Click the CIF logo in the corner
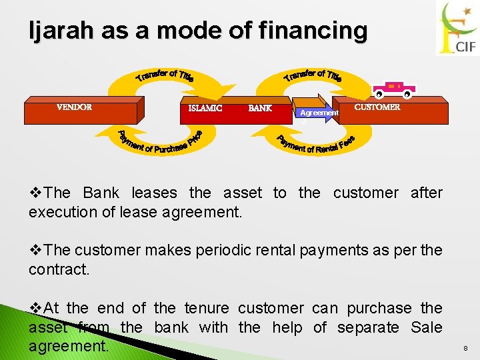(x=457, y=28)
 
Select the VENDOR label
(x=74, y=107)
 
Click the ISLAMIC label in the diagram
(x=205, y=108)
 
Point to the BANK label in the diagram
(x=260, y=108)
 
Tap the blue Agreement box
(x=319, y=113)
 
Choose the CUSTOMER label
(x=377, y=107)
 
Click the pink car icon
(x=394, y=89)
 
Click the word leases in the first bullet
(x=155, y=193)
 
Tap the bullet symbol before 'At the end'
(x=35, y=309)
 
